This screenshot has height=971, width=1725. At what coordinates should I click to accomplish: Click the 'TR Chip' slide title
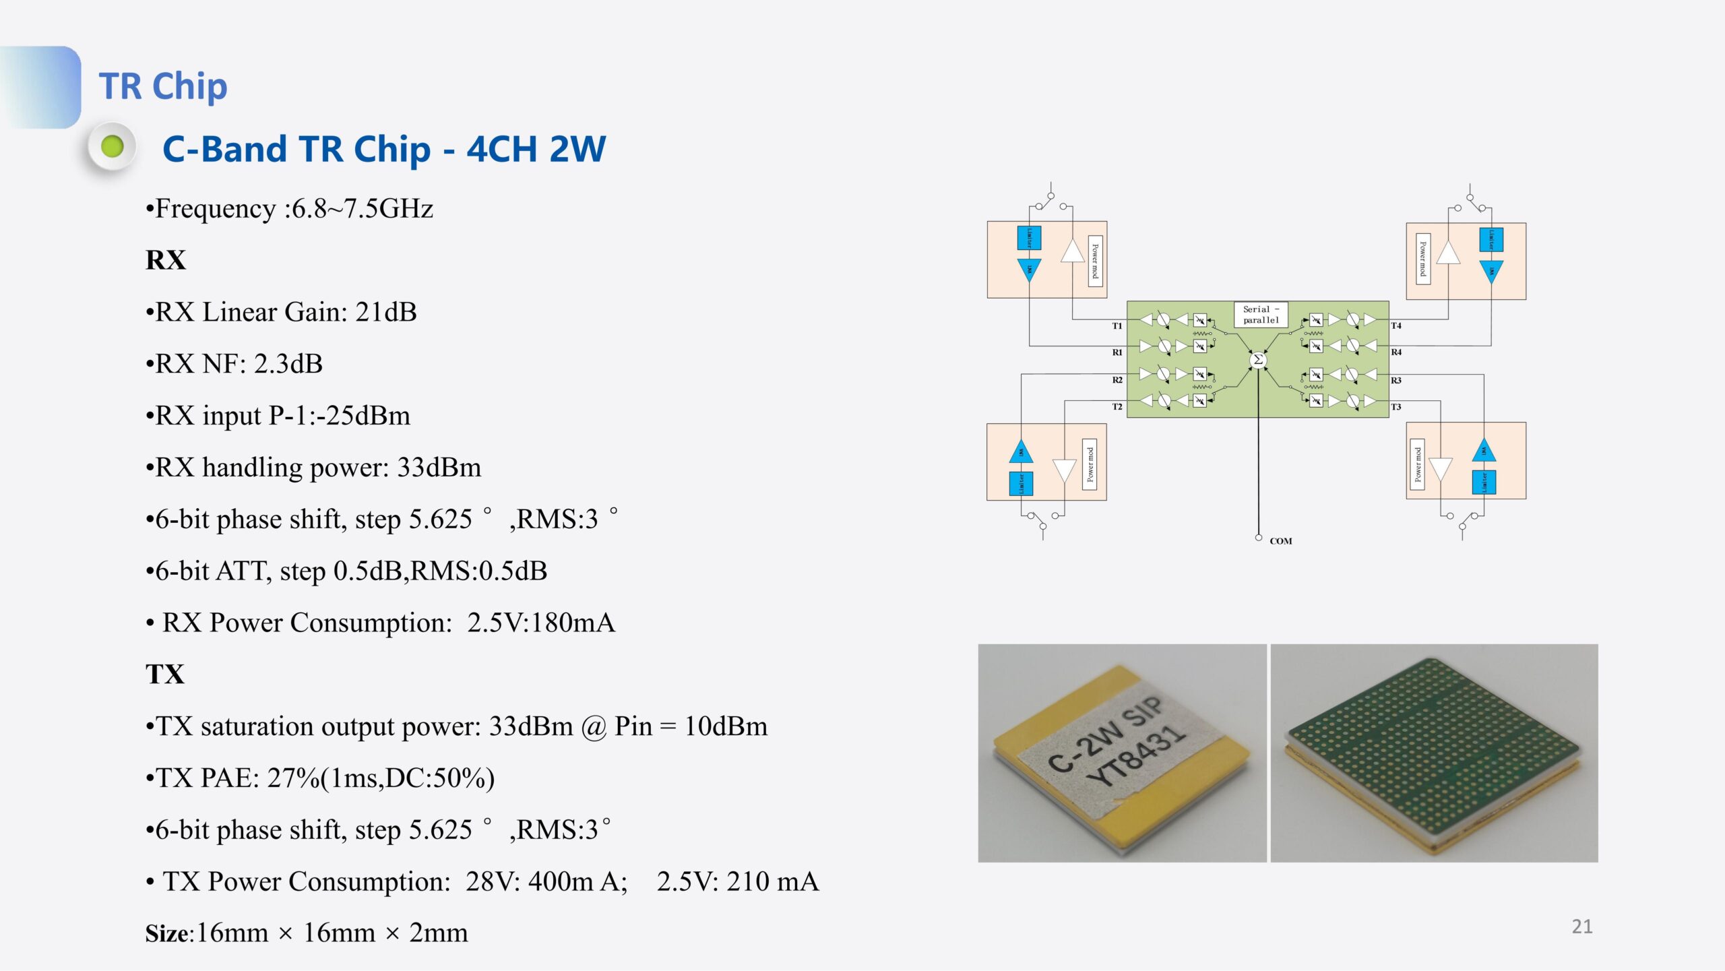163,86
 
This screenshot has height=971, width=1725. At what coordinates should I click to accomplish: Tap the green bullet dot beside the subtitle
113,146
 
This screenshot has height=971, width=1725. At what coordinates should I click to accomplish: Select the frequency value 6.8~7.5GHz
362,209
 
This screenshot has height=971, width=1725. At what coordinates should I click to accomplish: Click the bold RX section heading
166,260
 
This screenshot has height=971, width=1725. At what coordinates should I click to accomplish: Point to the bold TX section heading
165,675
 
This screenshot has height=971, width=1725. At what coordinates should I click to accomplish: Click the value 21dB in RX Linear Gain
386,313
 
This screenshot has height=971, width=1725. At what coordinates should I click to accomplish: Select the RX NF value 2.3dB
288,365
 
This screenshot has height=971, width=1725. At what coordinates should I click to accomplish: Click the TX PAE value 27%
293,778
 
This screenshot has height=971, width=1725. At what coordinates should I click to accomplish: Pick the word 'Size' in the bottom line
167,934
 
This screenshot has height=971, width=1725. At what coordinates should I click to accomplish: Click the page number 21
1581,927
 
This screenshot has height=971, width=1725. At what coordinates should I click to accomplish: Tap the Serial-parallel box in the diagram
1260,315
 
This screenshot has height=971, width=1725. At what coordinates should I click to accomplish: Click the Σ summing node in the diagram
1257,360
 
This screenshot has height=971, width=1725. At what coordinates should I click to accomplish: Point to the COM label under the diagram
1280,541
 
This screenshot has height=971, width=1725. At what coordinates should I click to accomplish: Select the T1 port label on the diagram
1117,326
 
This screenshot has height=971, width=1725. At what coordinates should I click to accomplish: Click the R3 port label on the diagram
1396,381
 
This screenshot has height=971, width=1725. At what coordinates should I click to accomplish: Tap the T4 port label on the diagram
1396,325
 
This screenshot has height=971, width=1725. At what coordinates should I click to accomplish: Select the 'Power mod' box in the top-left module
1095,261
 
